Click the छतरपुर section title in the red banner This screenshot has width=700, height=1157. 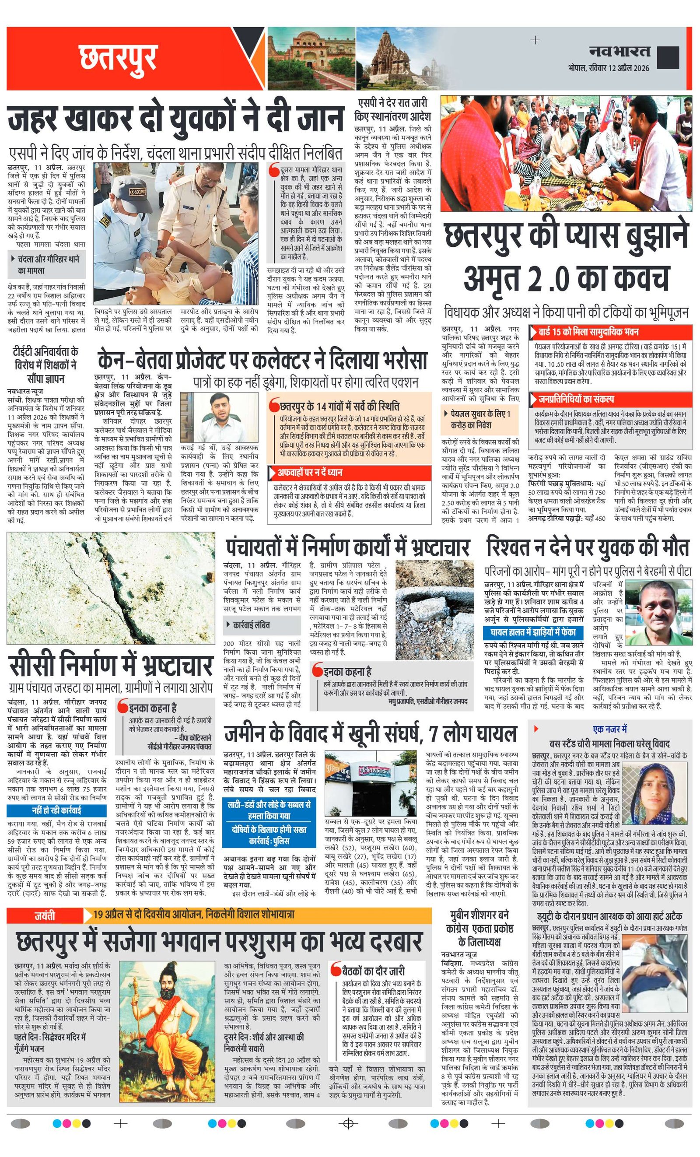pos(117,57)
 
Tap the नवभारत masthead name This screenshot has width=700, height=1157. pos(619,51)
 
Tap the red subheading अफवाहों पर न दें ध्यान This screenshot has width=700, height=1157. pos(310,472)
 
